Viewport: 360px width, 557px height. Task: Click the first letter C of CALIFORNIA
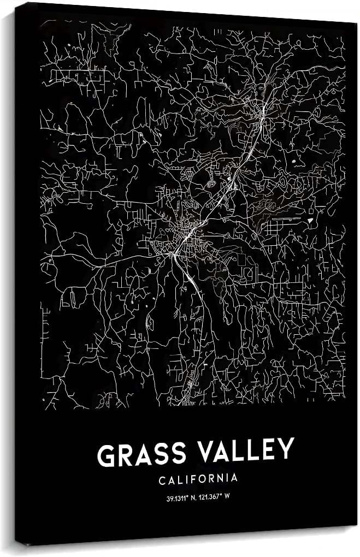click(162, 479)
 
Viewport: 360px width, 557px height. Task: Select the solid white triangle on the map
click(311, 219)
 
